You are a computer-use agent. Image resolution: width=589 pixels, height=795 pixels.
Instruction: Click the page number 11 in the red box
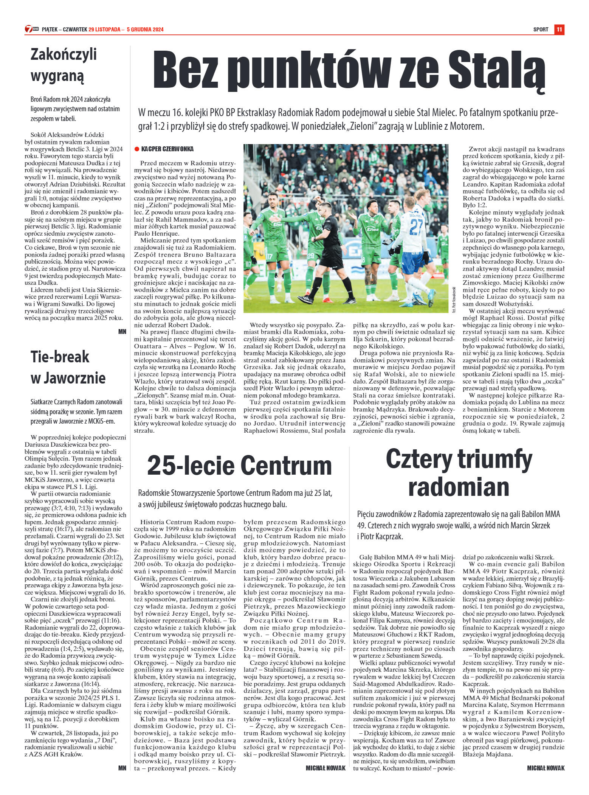click(559, 30)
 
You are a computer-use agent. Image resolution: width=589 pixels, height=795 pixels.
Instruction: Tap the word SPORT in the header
click(541, 30)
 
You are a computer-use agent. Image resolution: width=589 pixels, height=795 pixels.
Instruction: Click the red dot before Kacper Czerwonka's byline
click(137, 149)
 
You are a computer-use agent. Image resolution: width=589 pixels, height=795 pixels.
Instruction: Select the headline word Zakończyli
click(64, 54)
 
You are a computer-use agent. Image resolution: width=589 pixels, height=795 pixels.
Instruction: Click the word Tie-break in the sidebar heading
click(60, 357)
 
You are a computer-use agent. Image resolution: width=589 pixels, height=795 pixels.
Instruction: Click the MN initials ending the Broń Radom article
click(122, 332)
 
